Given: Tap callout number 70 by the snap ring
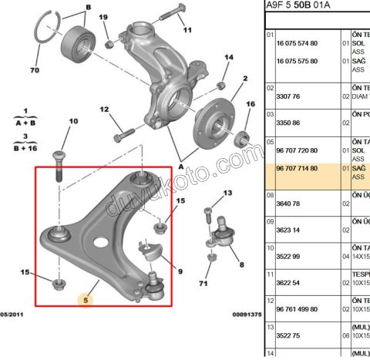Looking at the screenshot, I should click(x=35, y=70).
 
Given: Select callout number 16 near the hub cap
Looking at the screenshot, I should click(x=250, y=105).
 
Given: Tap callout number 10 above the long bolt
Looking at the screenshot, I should click(x=74, y=121).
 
